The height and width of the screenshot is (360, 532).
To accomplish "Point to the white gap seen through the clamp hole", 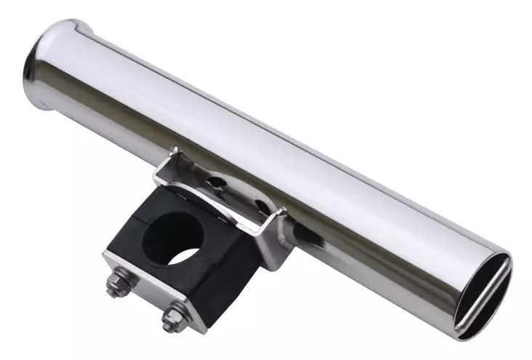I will click(186, 257).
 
